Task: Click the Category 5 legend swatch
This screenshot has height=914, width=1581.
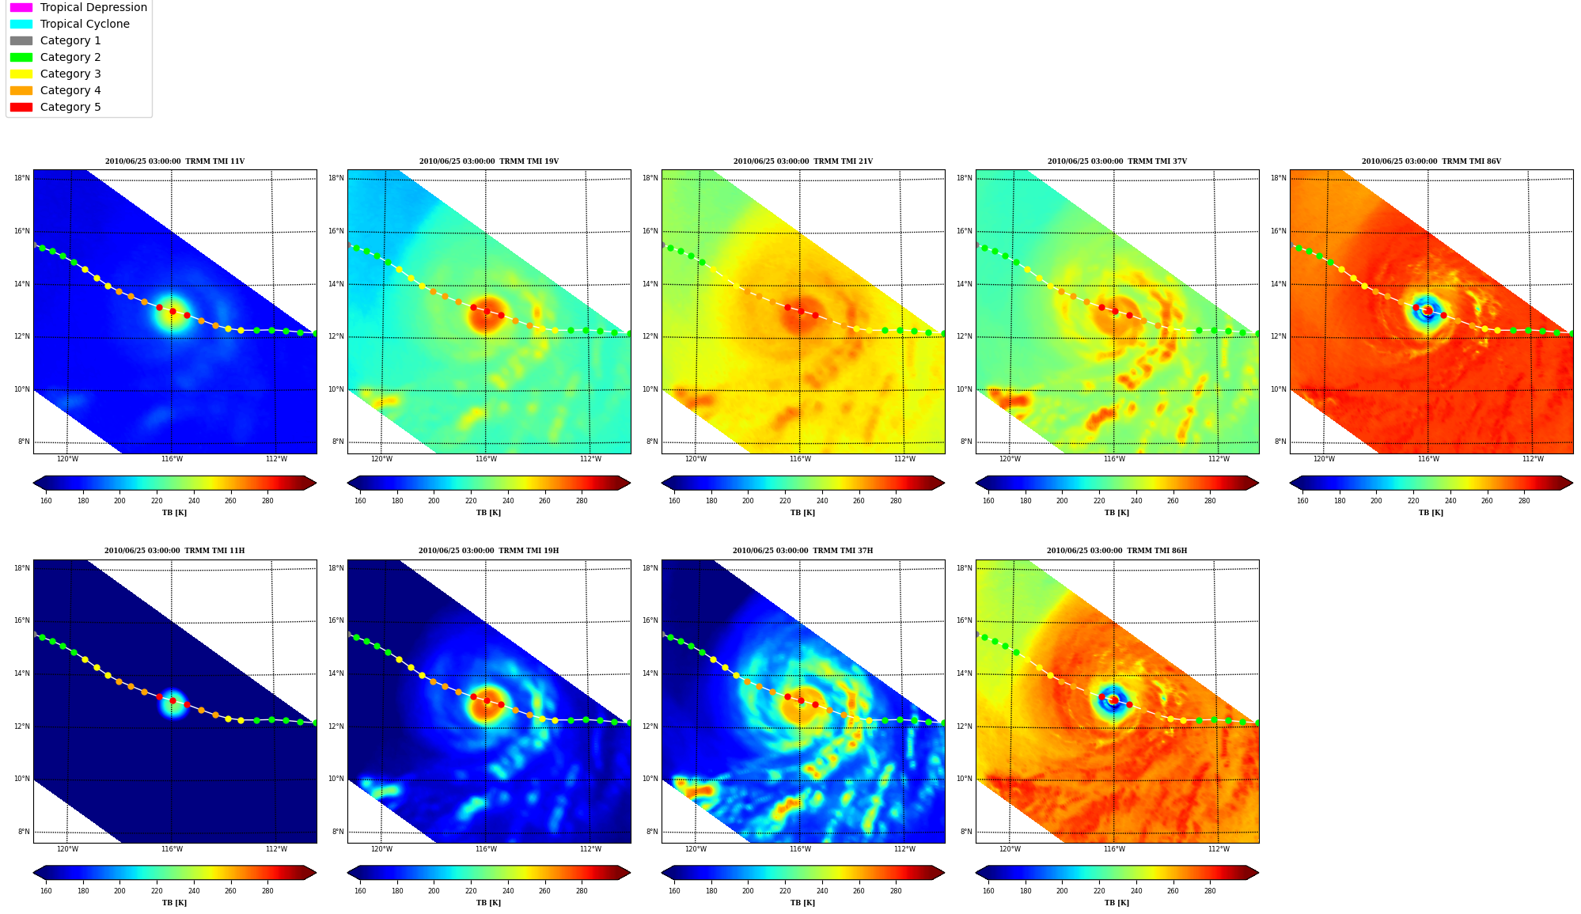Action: pos(21,107)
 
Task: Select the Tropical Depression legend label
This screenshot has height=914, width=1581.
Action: pos(93,7)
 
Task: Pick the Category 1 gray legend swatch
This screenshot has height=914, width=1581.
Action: pos(21,40)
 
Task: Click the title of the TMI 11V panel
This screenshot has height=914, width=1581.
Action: pos(175,161)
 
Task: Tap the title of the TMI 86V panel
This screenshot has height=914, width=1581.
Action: pos(1431,161)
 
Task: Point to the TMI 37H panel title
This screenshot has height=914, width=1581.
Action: pos(802,551)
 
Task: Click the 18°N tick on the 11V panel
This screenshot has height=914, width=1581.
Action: pos(22,178)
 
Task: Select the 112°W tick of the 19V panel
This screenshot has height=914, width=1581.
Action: pos(590,459)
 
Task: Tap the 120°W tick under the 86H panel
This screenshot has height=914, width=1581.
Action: pos(1010,849)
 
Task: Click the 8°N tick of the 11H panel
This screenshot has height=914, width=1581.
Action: pos(24,832)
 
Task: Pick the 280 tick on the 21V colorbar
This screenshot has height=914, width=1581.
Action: pos(896,500)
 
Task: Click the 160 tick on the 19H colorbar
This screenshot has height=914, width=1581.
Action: pos(360,891)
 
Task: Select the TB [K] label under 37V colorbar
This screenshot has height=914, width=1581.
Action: pos(1117,513)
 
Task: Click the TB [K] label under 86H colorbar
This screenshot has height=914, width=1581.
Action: pos(1117,903)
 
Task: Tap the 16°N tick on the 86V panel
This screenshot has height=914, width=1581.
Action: pos(1279,231)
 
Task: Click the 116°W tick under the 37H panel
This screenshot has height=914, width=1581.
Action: pos(800,849)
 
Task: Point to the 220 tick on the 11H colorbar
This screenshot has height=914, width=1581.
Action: pos(157,891)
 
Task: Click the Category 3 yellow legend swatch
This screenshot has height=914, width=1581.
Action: pos(21,74)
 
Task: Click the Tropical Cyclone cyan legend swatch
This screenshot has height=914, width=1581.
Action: pos(21,24)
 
